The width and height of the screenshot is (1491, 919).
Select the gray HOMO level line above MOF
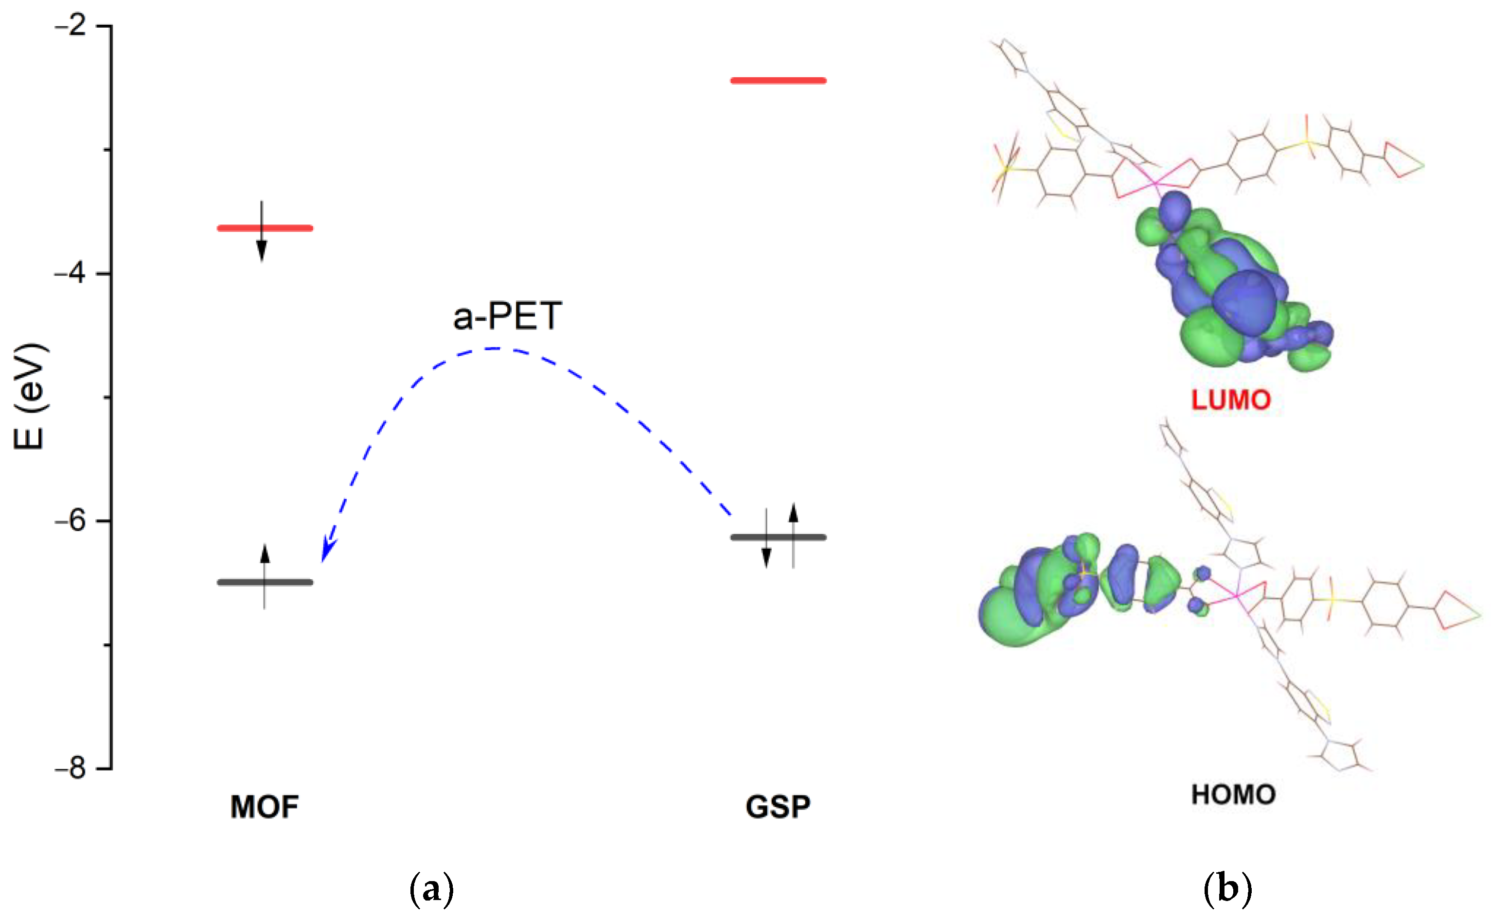tap(292, 582)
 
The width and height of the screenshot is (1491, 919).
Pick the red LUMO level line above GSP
tap(779, 80)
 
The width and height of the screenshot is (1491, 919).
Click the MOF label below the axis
tap(265, 807)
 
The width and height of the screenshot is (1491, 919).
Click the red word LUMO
tap(1231, 400)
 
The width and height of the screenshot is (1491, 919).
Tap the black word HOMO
tap(1233, 795)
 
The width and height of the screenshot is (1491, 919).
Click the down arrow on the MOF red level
tap(262, 249)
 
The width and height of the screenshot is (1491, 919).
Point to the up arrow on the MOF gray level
tap(265, 555)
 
